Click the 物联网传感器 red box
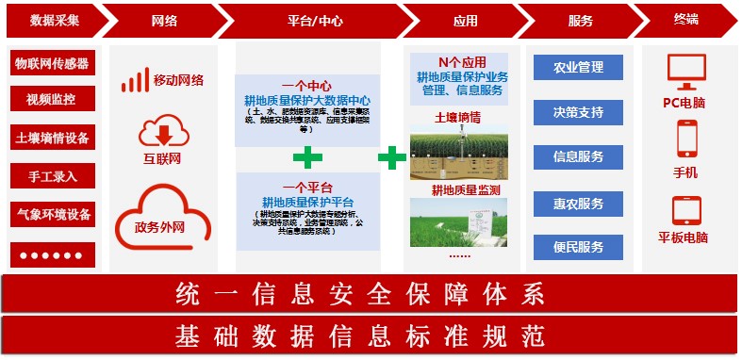(52, 64)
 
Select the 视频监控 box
(52, 99)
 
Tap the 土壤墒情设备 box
(52, 139)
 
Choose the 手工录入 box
(52, 176)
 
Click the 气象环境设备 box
(52, 215)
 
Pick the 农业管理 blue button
(578, 68)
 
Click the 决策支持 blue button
(578, 113)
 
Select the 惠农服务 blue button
(578, 204)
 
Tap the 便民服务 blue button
(578, 248)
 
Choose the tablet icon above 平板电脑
(685, 209)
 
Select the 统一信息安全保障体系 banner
(370, 294)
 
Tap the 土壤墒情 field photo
(458, 153)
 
